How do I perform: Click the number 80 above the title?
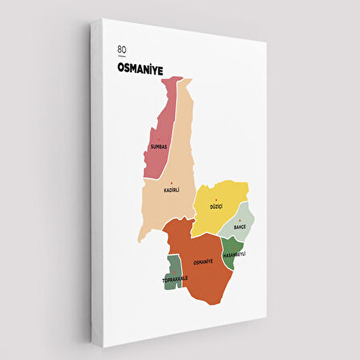tap(121, 50)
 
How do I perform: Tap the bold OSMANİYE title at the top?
tap(140, 70)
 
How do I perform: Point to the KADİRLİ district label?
tap(171, 190)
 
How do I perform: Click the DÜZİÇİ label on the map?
tap(215, 207)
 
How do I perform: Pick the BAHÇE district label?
tap(239, 227)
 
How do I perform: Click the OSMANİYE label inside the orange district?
tap(203, 262)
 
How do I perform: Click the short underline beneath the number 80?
tap(121, 57)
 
